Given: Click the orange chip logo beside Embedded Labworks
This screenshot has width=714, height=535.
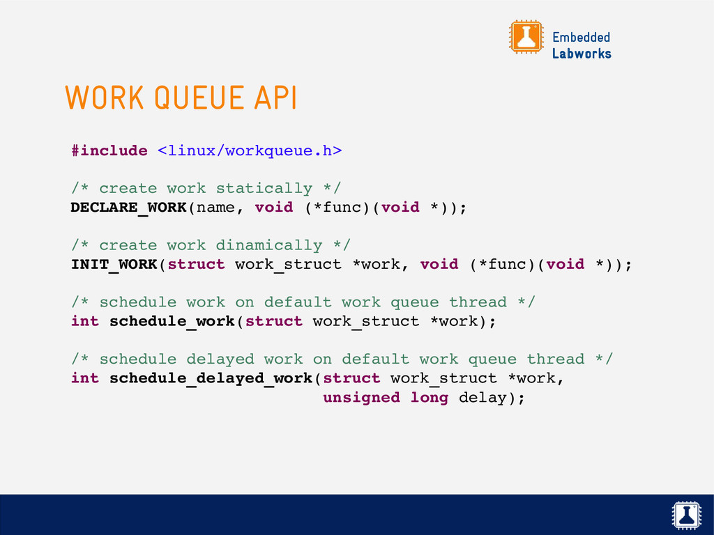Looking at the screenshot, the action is click(526, 37).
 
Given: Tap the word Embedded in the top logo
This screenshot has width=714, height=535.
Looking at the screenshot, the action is click(581, 37).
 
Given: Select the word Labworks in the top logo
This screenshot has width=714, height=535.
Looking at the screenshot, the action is click(582, 54).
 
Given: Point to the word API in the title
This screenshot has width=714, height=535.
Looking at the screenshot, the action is click(275, 98).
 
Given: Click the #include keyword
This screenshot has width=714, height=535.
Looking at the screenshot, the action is click(109, 150).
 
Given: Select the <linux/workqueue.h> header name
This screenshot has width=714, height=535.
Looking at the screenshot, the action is click(249, 150).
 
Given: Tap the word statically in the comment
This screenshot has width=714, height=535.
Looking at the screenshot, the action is click(264, 188).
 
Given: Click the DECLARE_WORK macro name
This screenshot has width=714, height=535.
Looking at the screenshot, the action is click(128, 208).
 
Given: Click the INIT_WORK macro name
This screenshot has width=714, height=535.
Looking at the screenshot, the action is click(114, 265).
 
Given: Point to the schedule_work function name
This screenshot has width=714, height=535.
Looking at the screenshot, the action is click(172, 322).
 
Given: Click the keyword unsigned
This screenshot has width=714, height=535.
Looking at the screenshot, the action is click(361, 398).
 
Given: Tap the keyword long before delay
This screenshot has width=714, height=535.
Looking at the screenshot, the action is click(429, 398).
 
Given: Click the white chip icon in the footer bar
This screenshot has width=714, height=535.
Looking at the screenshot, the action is click(685, 515).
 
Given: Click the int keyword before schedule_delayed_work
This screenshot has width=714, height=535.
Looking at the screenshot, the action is click(85, 378).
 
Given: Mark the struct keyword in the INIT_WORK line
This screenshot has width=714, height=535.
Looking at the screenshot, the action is click(196, 265).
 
